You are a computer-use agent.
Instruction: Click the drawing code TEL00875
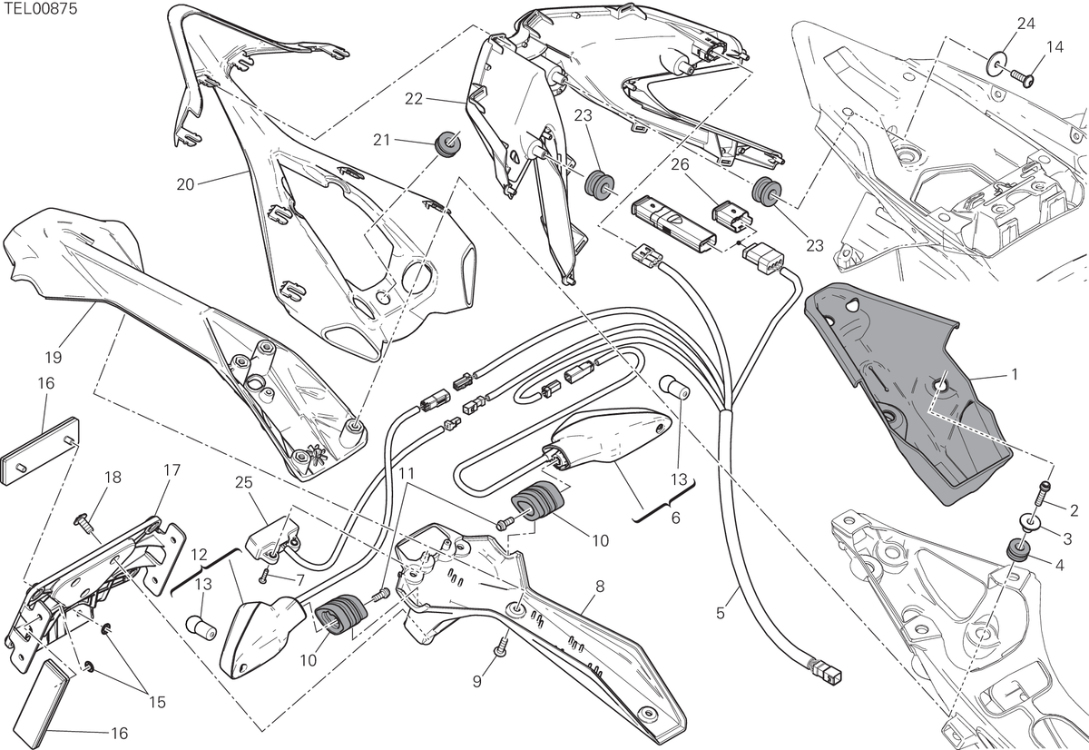pos(39,9)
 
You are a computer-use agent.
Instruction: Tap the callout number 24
pos(1025,24)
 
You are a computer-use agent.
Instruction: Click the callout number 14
pos(1055,46)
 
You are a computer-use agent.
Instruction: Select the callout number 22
pos(414,99)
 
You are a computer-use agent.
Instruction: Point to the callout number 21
pos(382,140)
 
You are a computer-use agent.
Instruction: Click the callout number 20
pos(185,184)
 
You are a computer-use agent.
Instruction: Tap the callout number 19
pos(54,358)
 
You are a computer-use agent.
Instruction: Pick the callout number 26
pos(680,164)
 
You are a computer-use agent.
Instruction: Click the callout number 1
pos(1015,374)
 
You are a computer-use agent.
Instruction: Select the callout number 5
pos(721,613)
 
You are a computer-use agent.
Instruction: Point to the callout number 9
pos(477,681)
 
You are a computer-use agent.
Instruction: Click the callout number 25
pos(244,482)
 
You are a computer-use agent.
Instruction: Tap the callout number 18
pos(113,477)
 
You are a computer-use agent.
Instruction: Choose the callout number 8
pos(600,587)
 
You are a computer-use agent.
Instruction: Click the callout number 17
pos(172,469)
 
